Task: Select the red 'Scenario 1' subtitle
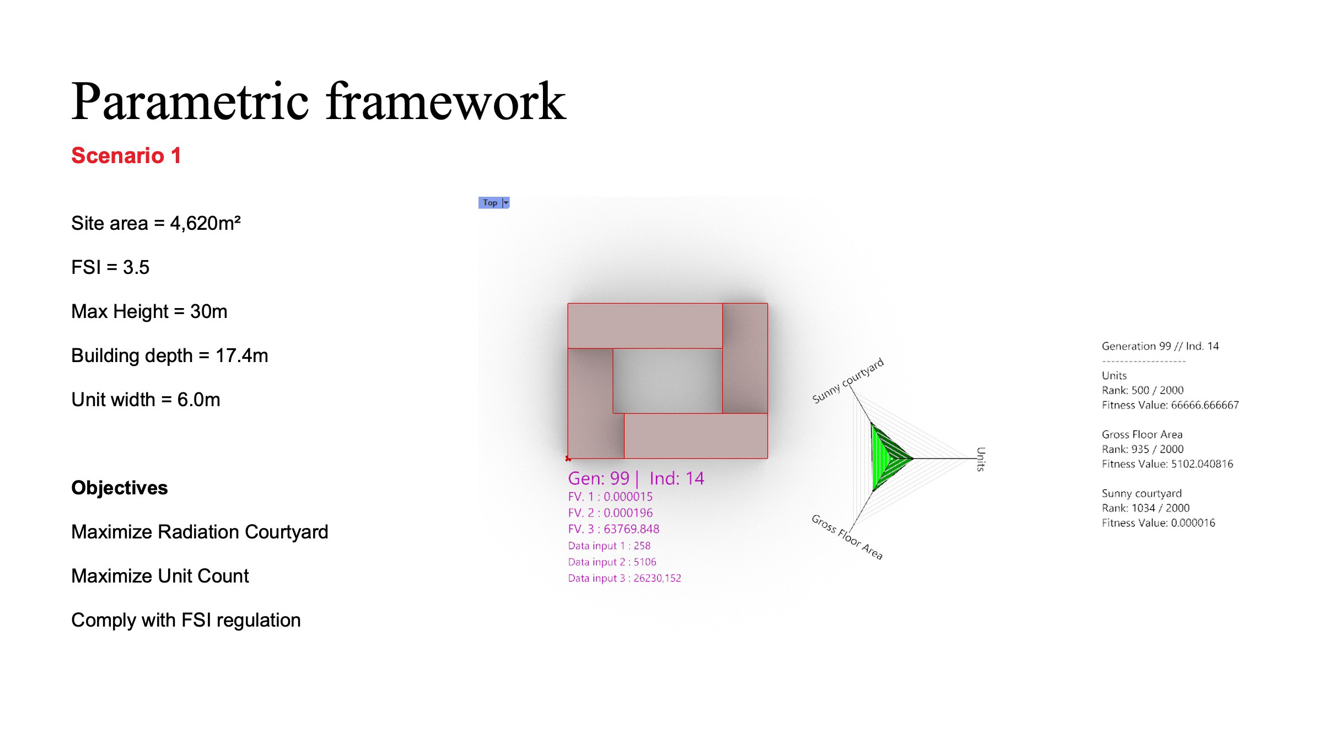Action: [126, 155]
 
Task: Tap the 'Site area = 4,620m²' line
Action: [156, 223]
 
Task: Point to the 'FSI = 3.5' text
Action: [110, 267]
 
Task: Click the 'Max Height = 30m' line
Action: [149, 311]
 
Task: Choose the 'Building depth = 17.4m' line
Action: [170, 355]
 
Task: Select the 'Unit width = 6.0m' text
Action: [146, 400]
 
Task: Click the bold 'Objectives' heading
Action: [120, 488]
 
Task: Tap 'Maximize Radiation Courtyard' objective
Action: [200, 532]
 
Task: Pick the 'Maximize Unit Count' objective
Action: [160, 576]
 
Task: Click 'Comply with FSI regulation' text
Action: [186, 620]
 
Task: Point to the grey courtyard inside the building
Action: [668, 381]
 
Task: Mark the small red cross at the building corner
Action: [568, 459]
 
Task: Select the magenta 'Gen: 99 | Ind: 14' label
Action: [636, 478]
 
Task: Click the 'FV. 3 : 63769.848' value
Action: [614, 529]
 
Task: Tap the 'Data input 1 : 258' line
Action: [609, 546]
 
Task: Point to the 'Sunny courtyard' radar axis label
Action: [848, 380]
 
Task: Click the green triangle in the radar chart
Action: [888, 457]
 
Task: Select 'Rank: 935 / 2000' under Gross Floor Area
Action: [1143, 449]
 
